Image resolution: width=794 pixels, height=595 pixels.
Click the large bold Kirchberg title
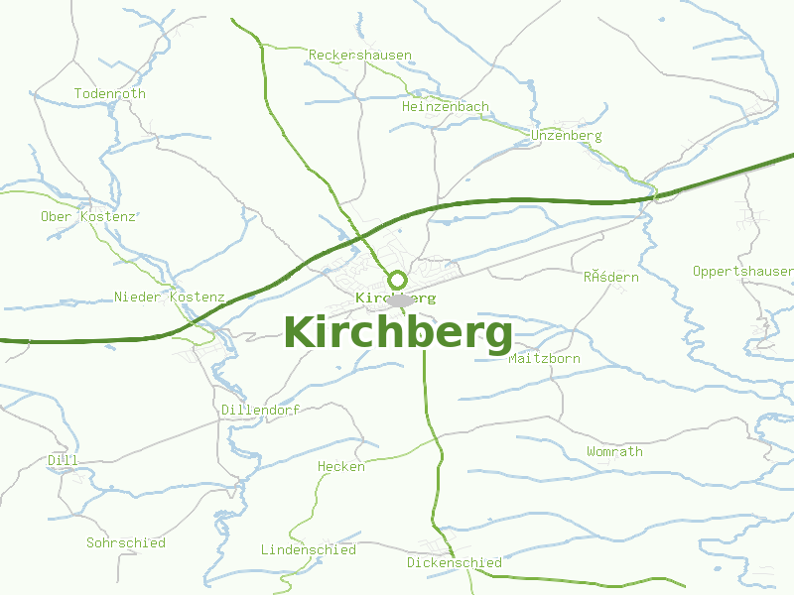click(398, 333)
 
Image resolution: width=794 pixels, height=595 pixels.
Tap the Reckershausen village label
click(360, 56)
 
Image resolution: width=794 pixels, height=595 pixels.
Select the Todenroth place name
click(110, 94)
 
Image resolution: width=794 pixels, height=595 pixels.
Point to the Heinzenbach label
click(446, 107)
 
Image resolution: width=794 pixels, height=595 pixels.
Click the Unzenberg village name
click(567, 136)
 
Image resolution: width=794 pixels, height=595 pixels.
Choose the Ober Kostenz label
click(87, 216)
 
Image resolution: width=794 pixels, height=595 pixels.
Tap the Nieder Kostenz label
click(170, 297)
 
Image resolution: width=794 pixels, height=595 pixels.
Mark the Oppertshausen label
click(742, 272)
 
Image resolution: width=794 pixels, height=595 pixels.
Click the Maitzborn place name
click(544, 359)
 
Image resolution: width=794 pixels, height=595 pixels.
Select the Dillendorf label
click(261, 410)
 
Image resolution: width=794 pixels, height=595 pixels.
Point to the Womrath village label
click(614, 452)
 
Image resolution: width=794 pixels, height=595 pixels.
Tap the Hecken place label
click(341, 467)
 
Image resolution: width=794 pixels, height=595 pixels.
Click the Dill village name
click(63, 461)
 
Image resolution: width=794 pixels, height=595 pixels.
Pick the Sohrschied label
click(126, 543)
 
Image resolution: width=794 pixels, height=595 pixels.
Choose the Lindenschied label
click(309, 549)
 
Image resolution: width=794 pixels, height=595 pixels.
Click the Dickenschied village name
click(455, 563)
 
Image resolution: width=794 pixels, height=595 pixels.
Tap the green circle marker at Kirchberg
click(397, 280)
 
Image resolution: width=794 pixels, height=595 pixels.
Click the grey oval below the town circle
click(400, 300)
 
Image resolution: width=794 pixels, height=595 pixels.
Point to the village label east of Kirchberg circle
click(611, 278)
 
